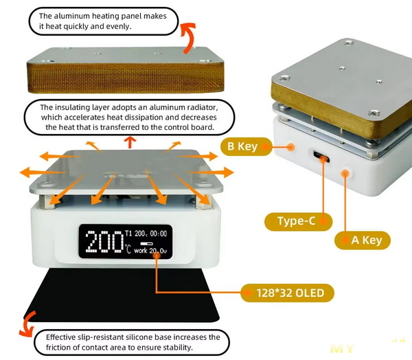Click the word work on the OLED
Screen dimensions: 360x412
pyautogui.click(x=140, y=251)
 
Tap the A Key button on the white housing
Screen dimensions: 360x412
pyautogui.click(x=345, y=176)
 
